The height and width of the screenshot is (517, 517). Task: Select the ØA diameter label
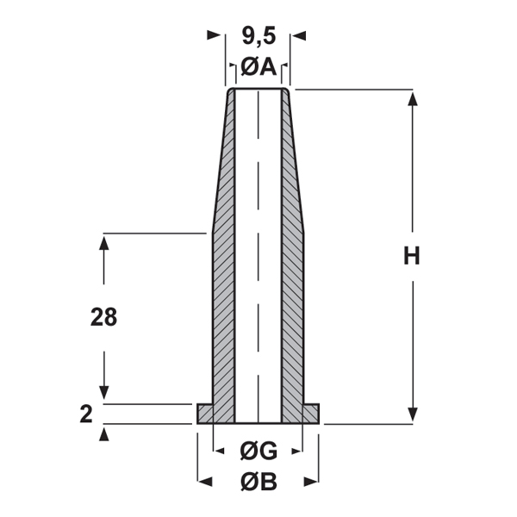coord(258,65)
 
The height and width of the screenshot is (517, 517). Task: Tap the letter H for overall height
coord(412,257)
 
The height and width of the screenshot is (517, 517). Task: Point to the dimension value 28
coord(103,317)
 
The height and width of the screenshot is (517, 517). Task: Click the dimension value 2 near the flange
coord(85,414)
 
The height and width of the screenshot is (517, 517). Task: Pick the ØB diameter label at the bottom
coord(258,483)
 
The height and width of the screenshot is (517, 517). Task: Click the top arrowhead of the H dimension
coord(412,97)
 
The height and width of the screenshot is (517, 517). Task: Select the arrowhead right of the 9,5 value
coord(297,35)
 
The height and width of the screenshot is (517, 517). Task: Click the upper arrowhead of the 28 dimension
coord(104,242)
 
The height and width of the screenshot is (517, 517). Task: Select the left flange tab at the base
coord(205,414)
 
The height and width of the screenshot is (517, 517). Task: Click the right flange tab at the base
coord(310,414)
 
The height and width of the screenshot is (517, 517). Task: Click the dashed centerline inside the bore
coord(258,258)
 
